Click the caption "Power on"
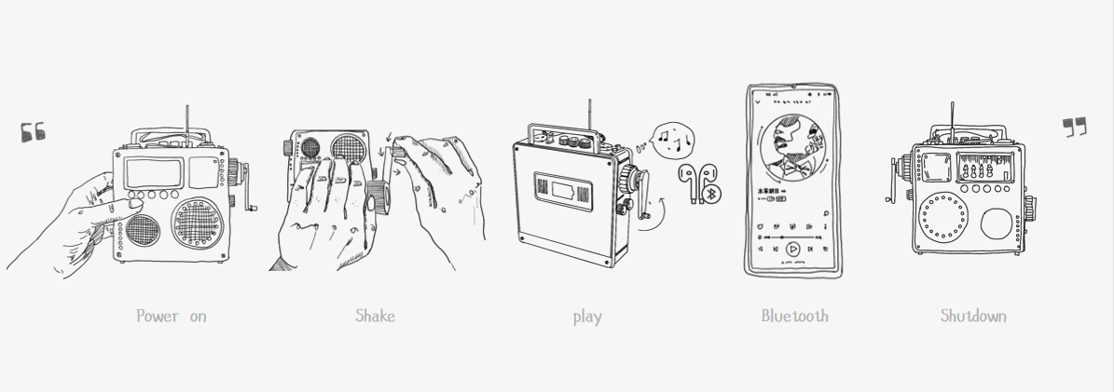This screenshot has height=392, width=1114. coord(172,317)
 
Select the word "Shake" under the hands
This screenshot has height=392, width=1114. coord(375,316)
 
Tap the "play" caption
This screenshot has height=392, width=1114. coord(586,317)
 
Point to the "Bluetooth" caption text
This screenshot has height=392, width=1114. coord(794,316)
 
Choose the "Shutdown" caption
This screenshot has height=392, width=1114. coord(972,316)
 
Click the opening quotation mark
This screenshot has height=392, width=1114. coord(33,132)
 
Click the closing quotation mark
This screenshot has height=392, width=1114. coord(1075,128)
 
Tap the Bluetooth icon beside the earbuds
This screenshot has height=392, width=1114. coord(709,194)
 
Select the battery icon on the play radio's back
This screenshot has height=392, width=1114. coord(563,193)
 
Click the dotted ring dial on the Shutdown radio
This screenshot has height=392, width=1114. coord(942,218)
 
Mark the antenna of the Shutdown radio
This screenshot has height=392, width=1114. coord(951,121)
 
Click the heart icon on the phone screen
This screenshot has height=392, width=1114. coord(762,225)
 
